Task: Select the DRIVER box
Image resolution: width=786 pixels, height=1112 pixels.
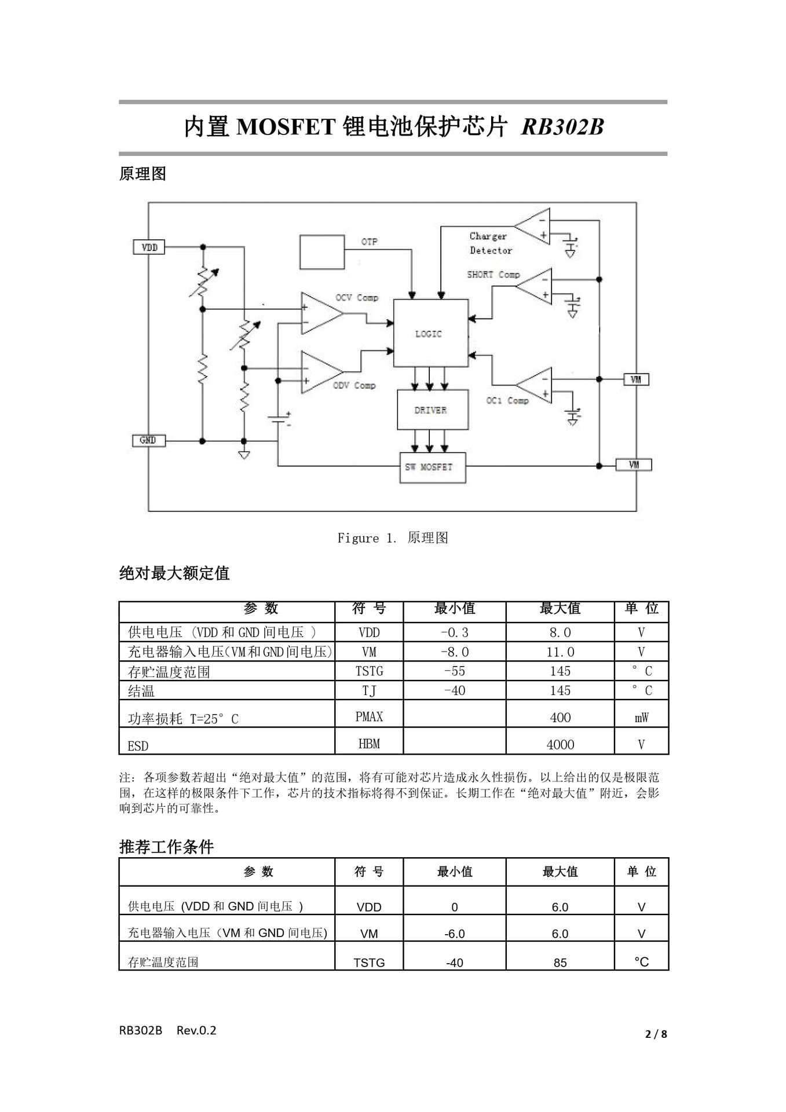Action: coord(432,410)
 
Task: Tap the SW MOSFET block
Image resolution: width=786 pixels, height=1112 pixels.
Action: coord(432,467)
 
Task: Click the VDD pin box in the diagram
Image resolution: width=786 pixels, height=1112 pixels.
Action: coord(149,247)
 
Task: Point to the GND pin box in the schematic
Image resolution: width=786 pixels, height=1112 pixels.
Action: coord(149,441)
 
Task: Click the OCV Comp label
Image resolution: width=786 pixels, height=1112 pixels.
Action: coord(357,298)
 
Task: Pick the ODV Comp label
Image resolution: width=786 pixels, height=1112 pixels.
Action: coord(354,386)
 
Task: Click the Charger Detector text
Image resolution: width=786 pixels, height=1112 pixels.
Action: coord(490,243)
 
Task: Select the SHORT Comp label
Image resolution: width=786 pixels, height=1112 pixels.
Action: coord(493,275)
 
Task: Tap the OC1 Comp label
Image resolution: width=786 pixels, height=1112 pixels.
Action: coord(507,401)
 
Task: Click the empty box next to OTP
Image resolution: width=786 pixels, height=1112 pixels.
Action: coord(322,252)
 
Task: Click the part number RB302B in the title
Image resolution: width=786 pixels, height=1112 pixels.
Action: coord(562,127)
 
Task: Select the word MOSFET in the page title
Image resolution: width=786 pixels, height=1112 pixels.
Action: coord(286,127)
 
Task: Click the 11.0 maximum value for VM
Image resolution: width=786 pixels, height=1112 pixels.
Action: coord(560,652)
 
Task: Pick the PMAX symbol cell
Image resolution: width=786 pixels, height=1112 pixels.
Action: coord(369,717)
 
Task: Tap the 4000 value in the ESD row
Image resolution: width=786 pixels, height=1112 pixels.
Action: coord(560,745)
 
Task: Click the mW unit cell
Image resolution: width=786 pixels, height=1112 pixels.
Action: coord(641,718)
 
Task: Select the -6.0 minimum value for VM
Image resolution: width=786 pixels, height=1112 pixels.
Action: coord(455,934)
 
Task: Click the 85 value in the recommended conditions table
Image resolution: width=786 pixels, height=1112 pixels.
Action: coord(560,963)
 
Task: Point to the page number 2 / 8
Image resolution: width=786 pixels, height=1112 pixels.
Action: coord(656,1034)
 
